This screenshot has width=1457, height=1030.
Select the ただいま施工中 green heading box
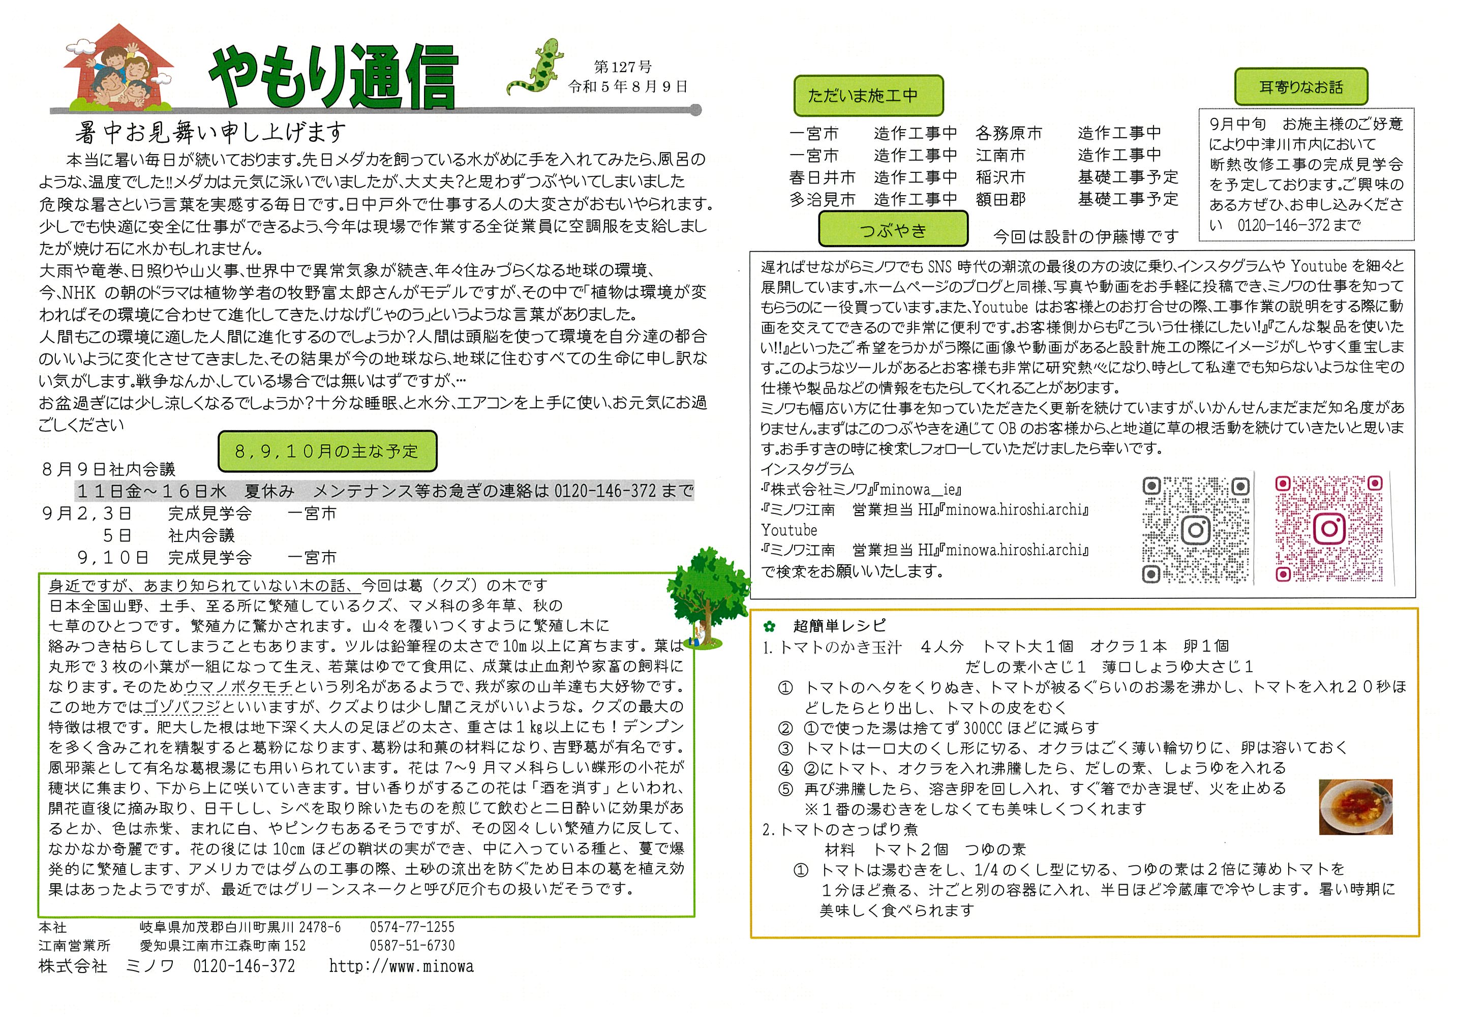click(x=867, y=96)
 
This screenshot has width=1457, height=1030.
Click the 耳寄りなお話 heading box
click(x=1301, y=87)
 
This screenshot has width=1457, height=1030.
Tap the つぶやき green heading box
click(x=893, y=230)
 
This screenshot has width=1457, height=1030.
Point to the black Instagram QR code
click(x=1196, y=529)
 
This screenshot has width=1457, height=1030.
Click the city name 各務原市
click(x=1008, y=133)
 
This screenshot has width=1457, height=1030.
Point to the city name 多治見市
click(x=822, y=200)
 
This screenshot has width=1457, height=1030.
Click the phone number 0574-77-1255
click(x=412, y=927)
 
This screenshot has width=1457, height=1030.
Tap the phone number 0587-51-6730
click(x=412, y=946)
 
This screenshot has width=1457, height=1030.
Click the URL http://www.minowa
click(x=401, y=966)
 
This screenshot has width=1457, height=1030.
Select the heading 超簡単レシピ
click(x=839, y=626)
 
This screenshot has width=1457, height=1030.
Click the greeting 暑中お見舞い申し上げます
click(x=210, y=133)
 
